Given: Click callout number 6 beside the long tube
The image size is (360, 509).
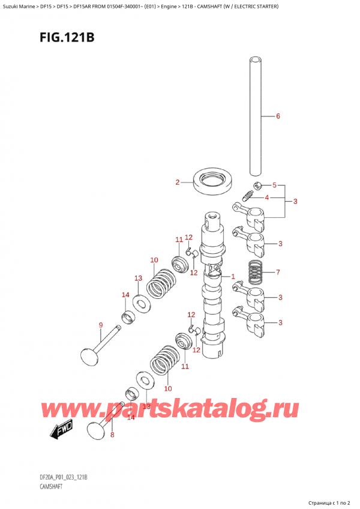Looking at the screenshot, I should (x=278, y=116).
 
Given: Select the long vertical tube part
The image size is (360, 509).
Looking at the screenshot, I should (x=255, y=114).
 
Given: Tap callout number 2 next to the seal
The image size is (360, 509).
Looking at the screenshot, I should (x=178, y=182).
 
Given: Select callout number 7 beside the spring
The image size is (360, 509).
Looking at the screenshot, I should (x=277, y=272).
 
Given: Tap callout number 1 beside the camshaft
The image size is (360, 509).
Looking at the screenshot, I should (x=232, y=276).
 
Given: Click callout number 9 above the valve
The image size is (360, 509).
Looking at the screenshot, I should (x=101, y=326).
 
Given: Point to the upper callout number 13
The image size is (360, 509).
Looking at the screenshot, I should (x=138, y=278).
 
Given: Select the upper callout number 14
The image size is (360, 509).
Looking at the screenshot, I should (x=125, y=295).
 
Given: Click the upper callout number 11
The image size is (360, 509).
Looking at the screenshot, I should (x=179, y=240).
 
